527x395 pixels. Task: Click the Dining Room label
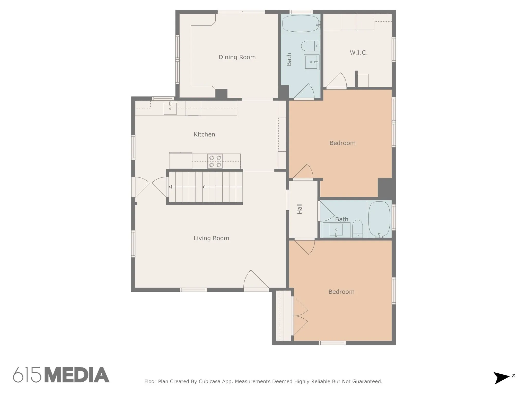pos(237,57)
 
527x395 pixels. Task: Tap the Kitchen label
pos(204,134)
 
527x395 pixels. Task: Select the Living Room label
pos(211,238)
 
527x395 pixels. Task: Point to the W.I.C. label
pos(358,53)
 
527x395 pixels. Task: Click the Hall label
pos(300,209)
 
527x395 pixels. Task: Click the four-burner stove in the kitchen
pos(215,161)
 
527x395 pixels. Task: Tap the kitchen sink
pos(170,108)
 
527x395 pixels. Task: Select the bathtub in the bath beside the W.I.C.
pos(301,23)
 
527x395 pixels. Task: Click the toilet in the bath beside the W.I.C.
pos(310,46)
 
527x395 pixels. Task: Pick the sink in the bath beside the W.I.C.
pos(312,62)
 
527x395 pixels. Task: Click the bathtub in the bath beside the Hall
pos(379,219)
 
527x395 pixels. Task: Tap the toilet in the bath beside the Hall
pos(357,229)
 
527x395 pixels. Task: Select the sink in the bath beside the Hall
pos(336,230)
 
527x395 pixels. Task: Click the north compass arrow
pos(501,378)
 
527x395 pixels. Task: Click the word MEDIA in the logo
pos(77,375)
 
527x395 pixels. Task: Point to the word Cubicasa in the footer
pos(209,381)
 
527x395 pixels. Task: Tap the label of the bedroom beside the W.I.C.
pos(342,143)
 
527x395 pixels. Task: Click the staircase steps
pos(206,187)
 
